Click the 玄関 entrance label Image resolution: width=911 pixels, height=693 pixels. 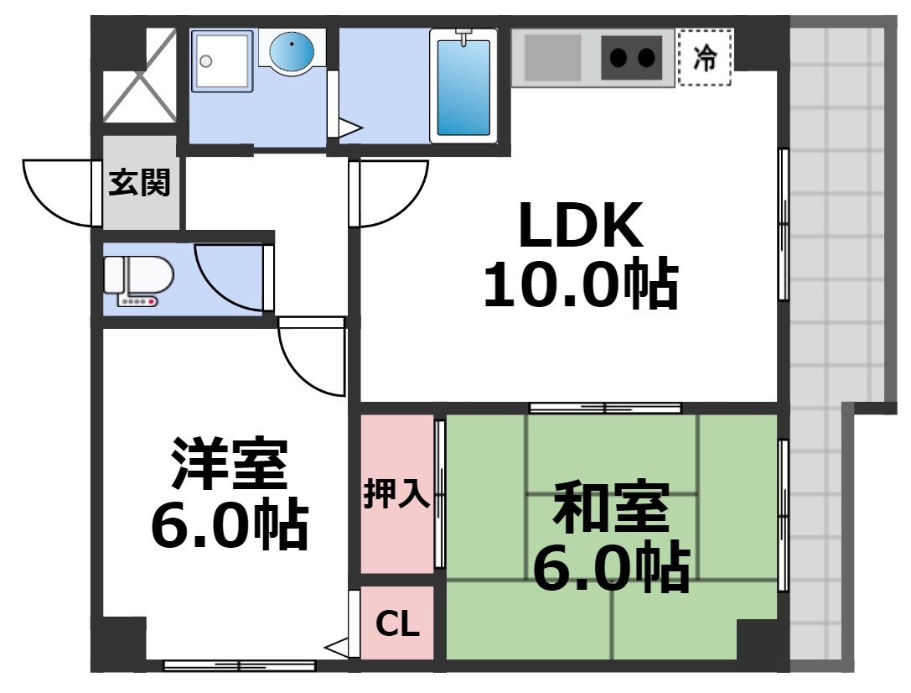pyautogui.click(x=139, y=182)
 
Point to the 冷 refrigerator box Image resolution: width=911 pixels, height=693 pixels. pyautogui.click(x=705, y=57)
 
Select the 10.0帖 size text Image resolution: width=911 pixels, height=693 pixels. pyautogui.click(x=580, y=285)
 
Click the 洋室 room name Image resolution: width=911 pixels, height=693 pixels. pyautogui.click(x=229, y=464)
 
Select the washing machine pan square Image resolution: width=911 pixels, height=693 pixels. pyautogui.click(x=222, y=60)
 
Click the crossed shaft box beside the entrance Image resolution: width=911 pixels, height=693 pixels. pyautogui.click(x=139, y=76)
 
